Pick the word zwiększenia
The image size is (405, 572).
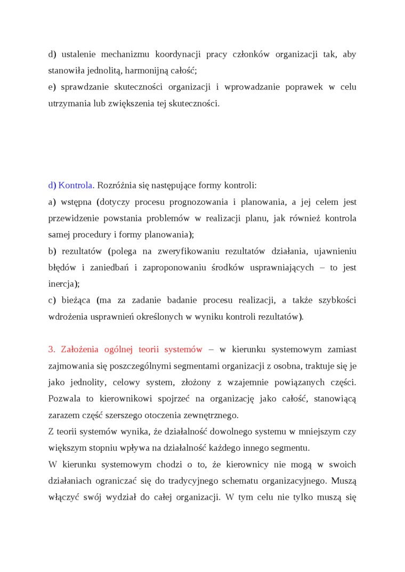(x=137, y=103)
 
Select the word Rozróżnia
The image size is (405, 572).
(x=117, y=186)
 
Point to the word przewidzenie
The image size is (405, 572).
(x=74, y=218)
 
